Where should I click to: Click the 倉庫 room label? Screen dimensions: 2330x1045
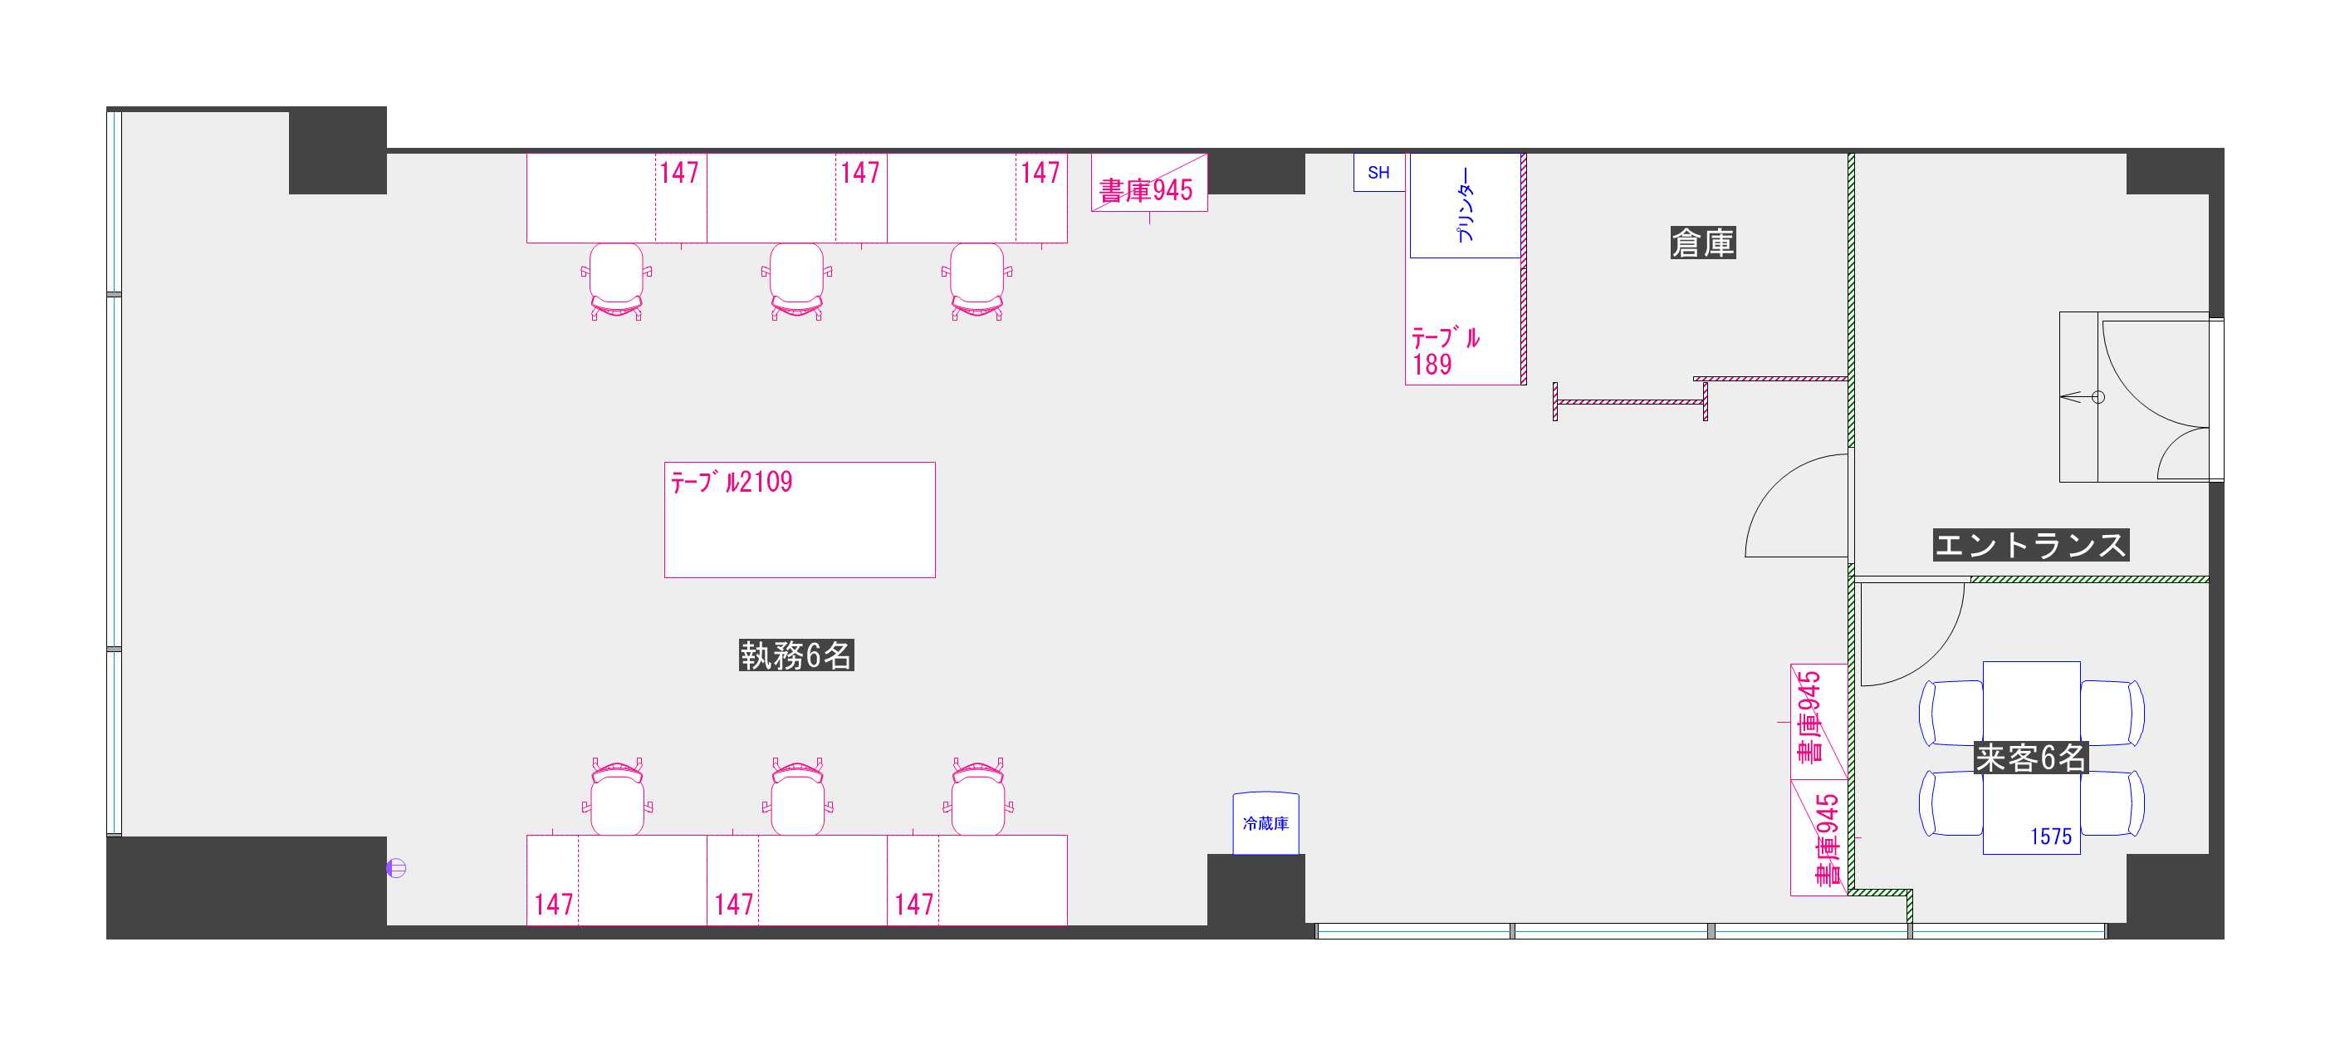(x=1702, y=243)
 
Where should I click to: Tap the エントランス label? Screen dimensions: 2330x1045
(x=2030, y=545)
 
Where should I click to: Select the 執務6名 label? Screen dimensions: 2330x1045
(x=796, y=655)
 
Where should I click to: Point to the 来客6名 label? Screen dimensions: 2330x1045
(x=2030, y=758)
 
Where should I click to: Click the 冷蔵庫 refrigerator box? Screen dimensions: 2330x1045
(x=1265, y=823)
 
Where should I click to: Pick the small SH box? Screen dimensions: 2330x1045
(x=1378, y=172)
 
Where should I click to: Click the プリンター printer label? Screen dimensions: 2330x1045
(x=1466, y=205)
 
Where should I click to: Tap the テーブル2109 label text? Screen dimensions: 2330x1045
(x=731, y=481)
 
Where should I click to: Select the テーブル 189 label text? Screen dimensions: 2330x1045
(x=1446, y=351)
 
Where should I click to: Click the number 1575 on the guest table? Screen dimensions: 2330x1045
(x=2050, y=836)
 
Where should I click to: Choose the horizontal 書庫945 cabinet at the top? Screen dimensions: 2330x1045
(x=1148, y=182)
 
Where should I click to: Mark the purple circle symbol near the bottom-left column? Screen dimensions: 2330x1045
(x=396, y=868)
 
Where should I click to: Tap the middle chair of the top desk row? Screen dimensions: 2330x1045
(x=796, y=281)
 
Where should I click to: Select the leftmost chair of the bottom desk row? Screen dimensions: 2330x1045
(x=617, y=796)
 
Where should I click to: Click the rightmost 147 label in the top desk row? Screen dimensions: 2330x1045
(x=1040, y=172)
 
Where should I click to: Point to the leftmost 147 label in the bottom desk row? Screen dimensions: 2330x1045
(x=554, y=904)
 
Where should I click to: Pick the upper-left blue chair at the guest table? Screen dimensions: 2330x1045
(x=1951, y=712)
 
